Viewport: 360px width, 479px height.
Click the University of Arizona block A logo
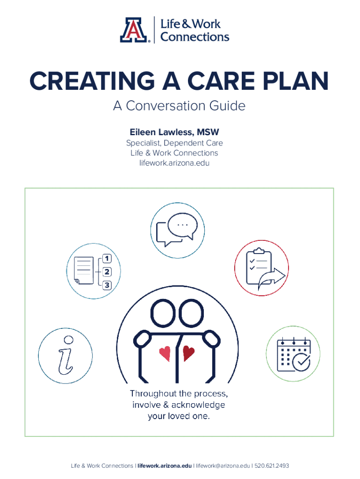(134, 29)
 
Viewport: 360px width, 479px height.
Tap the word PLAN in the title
(295, 81)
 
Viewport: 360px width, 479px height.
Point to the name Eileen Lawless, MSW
(174, 132)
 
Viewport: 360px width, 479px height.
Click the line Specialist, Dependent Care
(174, 143)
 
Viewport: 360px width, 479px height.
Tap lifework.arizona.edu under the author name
(174, 163)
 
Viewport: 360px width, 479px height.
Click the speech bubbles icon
(177, 230)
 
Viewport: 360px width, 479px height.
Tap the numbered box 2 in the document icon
(107, 272)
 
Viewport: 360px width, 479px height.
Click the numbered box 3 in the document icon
(107, 285)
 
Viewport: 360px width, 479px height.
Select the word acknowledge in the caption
(198, 405)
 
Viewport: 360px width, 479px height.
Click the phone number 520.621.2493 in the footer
(272, 466)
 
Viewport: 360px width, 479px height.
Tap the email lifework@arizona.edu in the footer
(223, 466)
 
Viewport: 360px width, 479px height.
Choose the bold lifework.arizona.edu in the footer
(165, 466)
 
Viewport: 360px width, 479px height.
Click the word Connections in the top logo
(195, 37)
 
